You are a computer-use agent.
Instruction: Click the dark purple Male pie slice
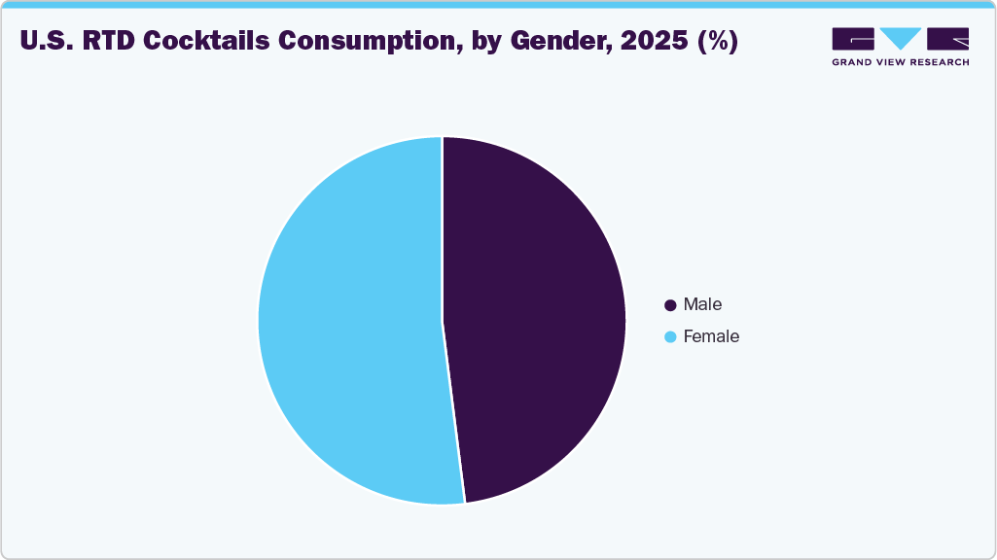click(535, 321)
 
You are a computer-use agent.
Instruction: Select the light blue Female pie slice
click(350, 321)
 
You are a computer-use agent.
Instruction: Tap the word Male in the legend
click(702, 304)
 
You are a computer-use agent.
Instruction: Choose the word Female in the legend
click(711, 336)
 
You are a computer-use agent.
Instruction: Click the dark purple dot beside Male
click(670, 305)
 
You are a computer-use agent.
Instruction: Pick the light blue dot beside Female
click(670, 337)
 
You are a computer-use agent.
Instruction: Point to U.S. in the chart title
click(43, 42)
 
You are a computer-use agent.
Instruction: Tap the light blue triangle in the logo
click(900, 38)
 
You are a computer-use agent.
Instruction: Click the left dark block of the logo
click(852, 39)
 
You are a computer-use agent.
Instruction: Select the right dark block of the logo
click(947, 39)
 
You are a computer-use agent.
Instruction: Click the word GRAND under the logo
click(853, 61)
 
